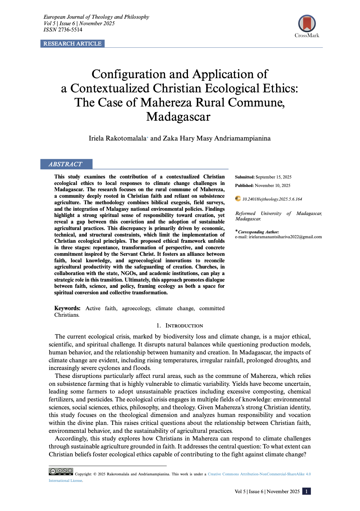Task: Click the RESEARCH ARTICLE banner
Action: tap(72, 44)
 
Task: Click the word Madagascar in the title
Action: tap(178, 117)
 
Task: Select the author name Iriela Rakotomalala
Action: tap(117, 138)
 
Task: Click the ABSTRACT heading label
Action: tap(65, 164)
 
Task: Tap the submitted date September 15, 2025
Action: tap(273, 177)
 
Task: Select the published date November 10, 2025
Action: tap(272, 186)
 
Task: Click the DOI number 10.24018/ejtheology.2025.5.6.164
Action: tap(272, 199)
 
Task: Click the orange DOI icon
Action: tap(238, 199)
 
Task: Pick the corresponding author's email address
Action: tap(285, 237)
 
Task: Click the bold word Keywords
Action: tap(67, 308)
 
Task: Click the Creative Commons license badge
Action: tap(61, 471)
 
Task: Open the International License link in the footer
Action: tap(65, 481)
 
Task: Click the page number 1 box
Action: tap(306, 491)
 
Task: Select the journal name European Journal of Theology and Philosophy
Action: tap(96, 17)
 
